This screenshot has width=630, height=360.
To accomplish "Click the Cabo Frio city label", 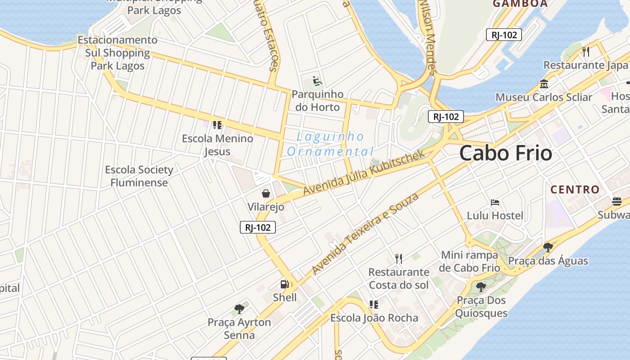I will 505,153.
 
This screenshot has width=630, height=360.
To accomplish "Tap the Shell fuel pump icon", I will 284,284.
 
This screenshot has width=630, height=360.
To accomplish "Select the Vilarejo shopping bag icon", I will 266,193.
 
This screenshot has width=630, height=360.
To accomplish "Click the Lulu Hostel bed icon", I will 495,202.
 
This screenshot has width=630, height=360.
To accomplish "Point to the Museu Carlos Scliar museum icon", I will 544,84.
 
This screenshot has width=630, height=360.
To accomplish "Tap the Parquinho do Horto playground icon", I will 317,81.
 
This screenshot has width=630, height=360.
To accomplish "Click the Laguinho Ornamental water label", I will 330,144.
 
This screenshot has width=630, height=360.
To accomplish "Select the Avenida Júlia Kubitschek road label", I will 364,173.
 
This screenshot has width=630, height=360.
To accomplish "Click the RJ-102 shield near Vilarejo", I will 257,227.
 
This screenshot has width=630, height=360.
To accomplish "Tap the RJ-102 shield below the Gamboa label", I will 504,35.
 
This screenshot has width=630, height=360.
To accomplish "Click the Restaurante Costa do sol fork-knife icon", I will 398,258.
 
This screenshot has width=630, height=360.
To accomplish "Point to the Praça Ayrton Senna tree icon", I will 239,309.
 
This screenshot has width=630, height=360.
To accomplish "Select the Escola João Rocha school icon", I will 373,305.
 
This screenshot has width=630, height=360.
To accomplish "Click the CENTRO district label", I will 575,189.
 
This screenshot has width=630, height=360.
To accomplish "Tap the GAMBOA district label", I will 520,4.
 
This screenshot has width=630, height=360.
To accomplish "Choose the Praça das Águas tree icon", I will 548,247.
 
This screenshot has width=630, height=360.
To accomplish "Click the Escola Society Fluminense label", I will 139,176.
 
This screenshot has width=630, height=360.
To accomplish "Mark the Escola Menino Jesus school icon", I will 217,125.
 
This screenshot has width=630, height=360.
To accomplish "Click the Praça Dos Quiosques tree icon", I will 481,287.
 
